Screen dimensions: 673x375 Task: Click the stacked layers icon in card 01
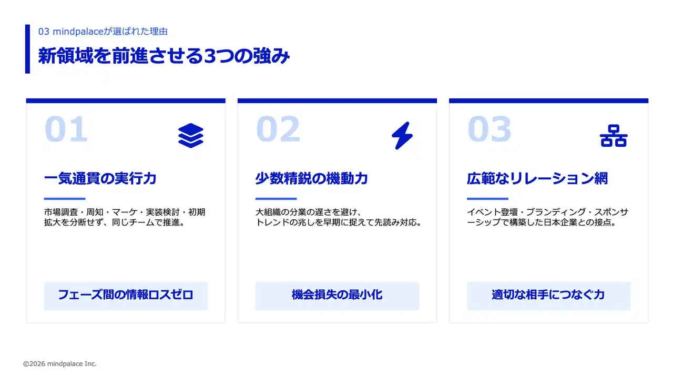(190, 136)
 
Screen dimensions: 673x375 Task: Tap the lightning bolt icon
(402, 136)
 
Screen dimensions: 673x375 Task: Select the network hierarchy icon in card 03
(614, 136)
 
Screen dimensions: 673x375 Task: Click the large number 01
(66, 129)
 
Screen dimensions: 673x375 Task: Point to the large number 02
(278, 129)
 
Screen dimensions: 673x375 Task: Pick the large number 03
(489, 129)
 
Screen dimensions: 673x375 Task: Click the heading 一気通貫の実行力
(100, 178)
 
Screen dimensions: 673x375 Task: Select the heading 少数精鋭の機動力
(312, 178)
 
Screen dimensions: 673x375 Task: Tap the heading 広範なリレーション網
(537, 178)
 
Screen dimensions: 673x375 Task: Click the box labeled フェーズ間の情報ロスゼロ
(126, 296)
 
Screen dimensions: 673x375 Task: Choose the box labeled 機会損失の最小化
(337, 296)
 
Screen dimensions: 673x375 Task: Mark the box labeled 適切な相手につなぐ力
(548, 296)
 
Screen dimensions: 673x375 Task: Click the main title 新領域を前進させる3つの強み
(164, 56)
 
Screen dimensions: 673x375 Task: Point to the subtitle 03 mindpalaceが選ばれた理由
(103, 31)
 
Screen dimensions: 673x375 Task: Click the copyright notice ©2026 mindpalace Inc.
(60, 363)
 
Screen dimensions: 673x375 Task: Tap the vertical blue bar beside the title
(28, 49)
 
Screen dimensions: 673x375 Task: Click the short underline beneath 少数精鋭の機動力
(276, 199)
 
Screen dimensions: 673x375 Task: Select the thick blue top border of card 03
(548, 100)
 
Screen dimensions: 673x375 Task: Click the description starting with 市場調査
(125, 217)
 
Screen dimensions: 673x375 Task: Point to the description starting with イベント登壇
(547, 217)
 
